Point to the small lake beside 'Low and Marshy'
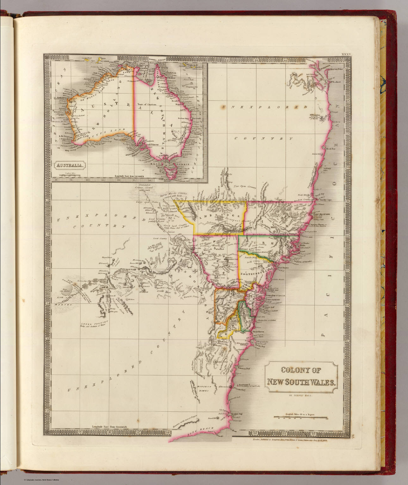(65, 292)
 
